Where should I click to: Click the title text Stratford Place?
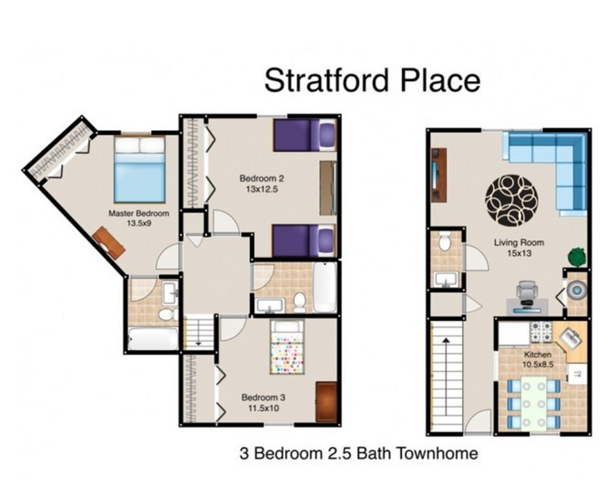click(372, 80)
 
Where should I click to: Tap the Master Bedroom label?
click(139, 213)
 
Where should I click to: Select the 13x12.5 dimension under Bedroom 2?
click(262, 189)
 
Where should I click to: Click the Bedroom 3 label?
click(264, 397)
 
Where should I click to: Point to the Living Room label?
click(519, 242)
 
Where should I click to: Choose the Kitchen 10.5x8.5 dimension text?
click(538, 365)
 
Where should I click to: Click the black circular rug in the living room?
click(511, 201)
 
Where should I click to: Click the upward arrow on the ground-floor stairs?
click(446, 377)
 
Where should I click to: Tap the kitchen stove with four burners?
click(541, 332)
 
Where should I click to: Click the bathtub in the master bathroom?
click(153, 339)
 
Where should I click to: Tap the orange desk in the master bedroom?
click(109, 243)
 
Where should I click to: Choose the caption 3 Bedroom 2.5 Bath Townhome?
click(359, 454)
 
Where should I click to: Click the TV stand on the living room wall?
click(439, 175)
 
